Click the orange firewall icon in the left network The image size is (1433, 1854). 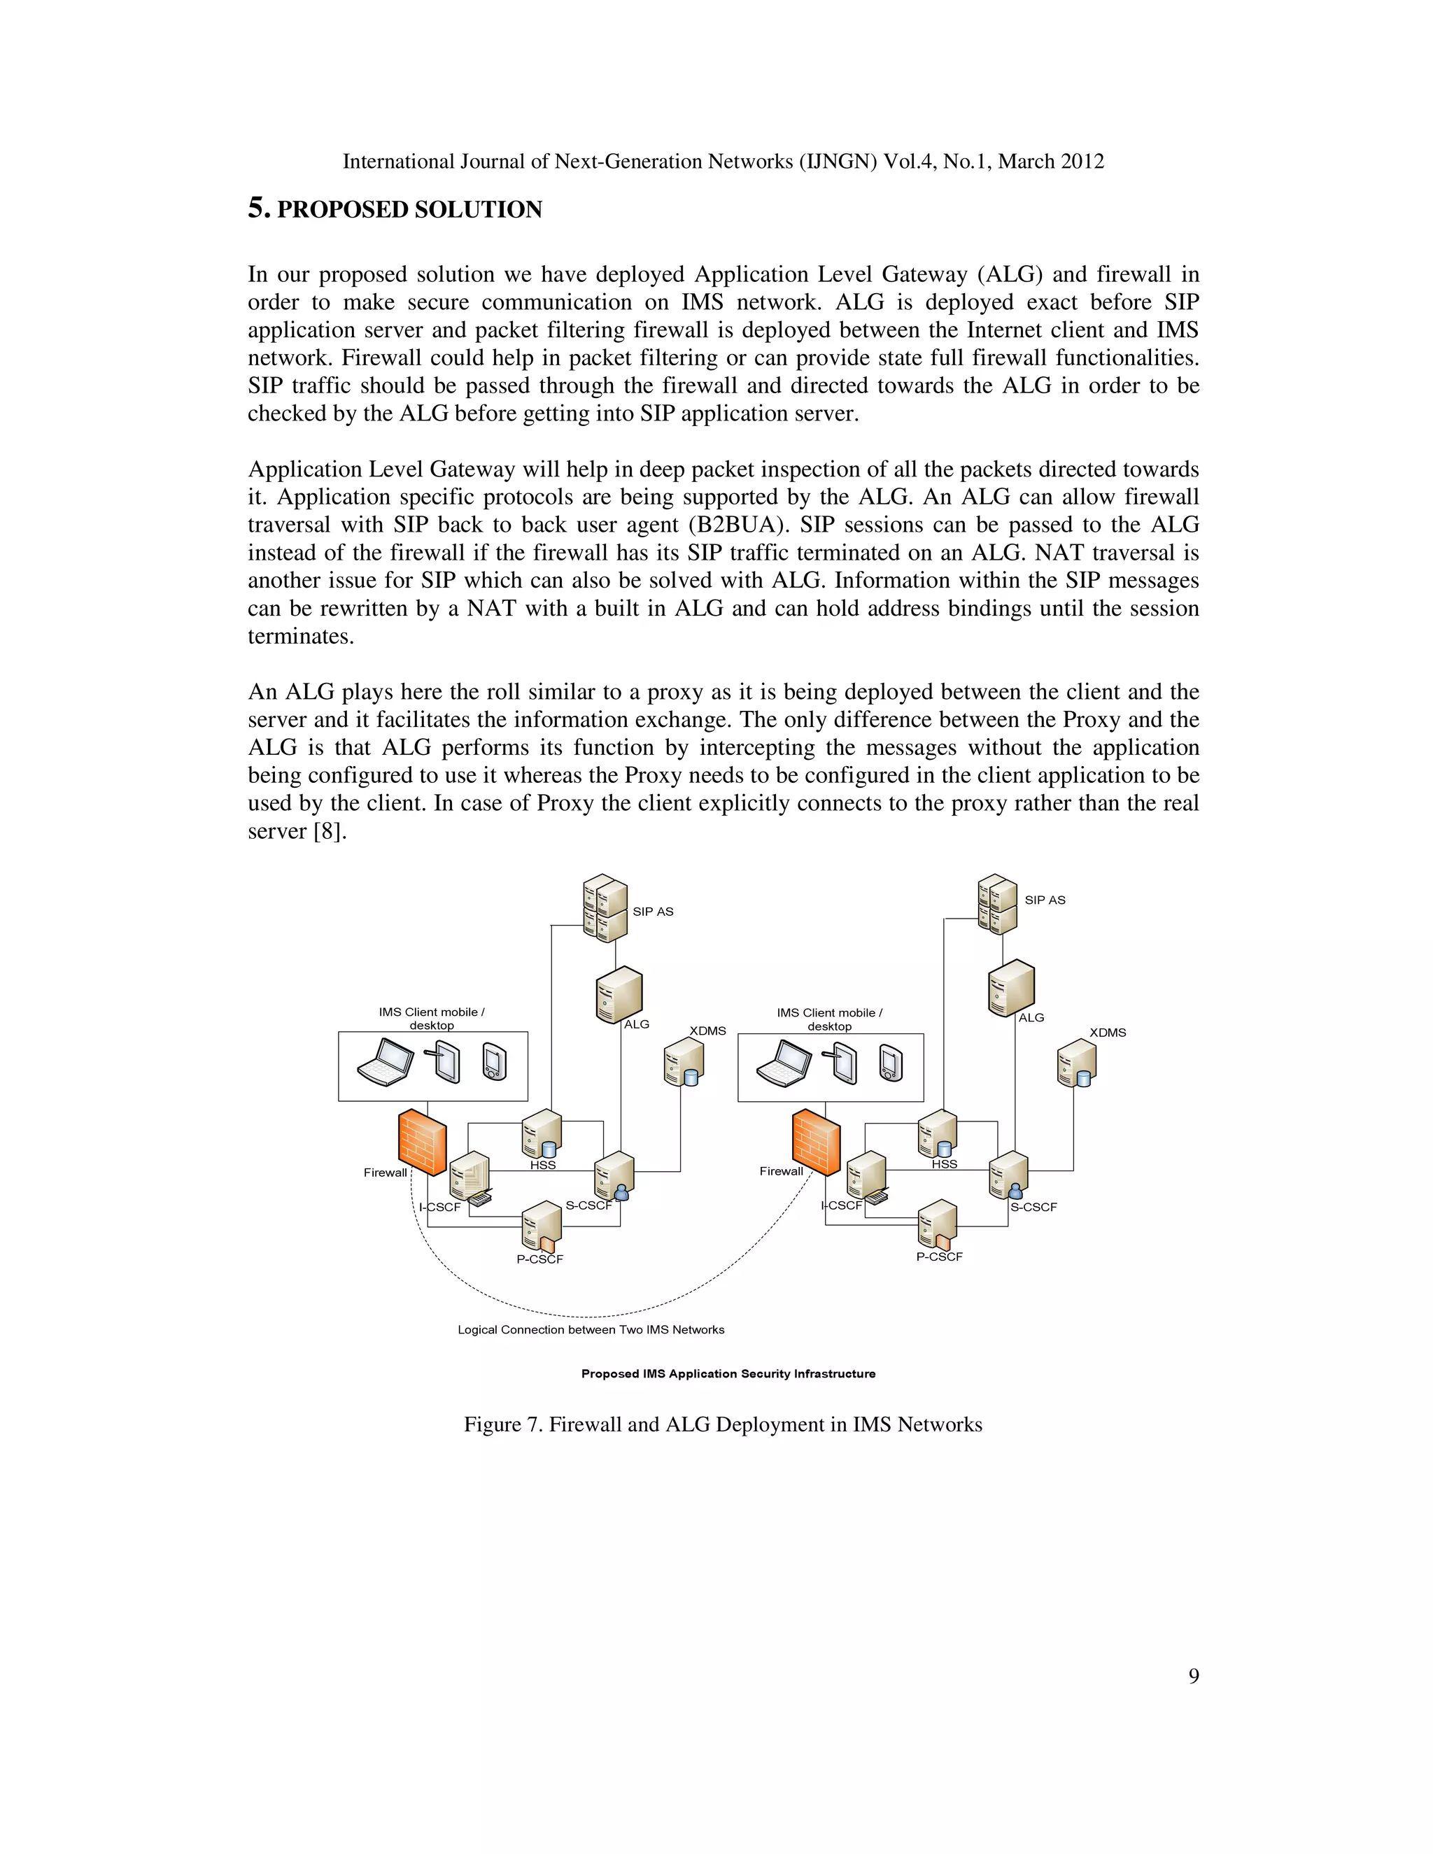tap(422, 1141)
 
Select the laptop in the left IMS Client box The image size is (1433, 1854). tap(386, 1063)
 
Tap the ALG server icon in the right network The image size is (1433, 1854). tap(1011, 987)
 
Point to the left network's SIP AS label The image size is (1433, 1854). tap(653, 912)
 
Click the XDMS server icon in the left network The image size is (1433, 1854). tap(684, 1062)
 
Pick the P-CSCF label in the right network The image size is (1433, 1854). tap(939, 1257)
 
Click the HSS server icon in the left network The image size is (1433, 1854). tap(542, 1133)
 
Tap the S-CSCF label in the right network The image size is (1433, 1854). tap(1033, 1207)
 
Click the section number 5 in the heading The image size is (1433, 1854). tap(258, 208)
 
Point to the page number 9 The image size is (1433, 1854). tap(1194, 1676)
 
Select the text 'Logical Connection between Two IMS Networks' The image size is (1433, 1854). tap(591, 1329)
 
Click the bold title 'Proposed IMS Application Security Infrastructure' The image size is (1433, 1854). tap(728, 1373)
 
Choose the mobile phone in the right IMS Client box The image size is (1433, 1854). tap(891, 1063)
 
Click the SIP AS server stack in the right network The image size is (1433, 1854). tap(998, 904)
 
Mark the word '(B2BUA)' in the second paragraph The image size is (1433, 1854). tap(733, 525)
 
